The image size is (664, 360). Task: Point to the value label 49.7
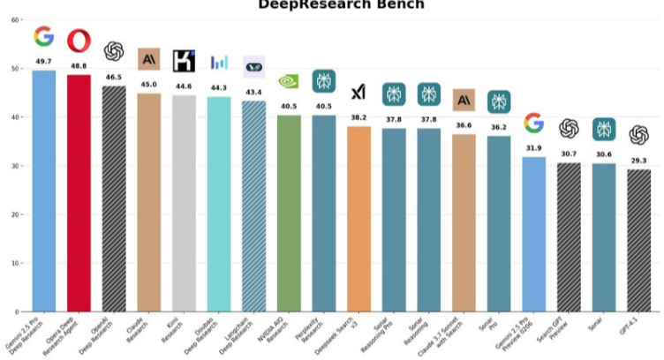(43, 62)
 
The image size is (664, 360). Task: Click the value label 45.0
(148, 85)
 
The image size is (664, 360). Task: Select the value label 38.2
(358, 117)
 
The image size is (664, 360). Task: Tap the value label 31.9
(533, 148)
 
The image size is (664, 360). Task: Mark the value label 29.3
(638, 161)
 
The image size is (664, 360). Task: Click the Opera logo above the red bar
(79, 40)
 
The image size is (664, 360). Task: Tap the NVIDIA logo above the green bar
(289, 82)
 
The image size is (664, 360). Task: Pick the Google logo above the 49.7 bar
(43, 37)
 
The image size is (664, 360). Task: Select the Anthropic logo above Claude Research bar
(148, 59)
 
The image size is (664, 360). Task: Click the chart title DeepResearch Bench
(341, 5)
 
